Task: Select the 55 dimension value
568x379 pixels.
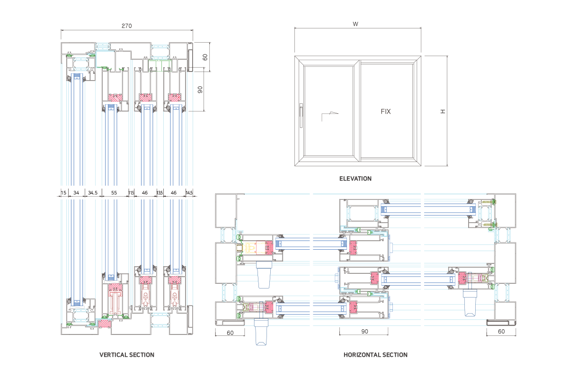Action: (114, 193)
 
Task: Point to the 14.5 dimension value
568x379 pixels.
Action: (189, 193)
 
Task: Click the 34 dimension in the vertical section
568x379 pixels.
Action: (76, 193)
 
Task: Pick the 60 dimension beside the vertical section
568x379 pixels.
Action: (205, 57)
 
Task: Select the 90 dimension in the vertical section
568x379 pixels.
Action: (200, 90)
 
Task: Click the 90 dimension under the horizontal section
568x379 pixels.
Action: (364, 332)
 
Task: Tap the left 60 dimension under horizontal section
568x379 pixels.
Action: (230, 333)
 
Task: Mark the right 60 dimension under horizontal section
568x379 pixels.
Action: (501, 332)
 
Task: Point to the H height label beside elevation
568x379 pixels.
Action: (443, 111)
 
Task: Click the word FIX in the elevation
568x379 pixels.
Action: (386, 112)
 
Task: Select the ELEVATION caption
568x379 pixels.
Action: (355, 179)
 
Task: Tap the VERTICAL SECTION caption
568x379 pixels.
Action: (126, 354)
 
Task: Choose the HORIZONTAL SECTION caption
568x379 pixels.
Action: (375, 354)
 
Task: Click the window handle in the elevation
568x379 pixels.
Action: (300, 116)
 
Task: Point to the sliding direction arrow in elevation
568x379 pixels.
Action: (330, 114)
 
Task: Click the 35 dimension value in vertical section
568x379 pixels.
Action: (160, 193)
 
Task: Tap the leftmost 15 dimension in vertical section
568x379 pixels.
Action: (63, 193)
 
